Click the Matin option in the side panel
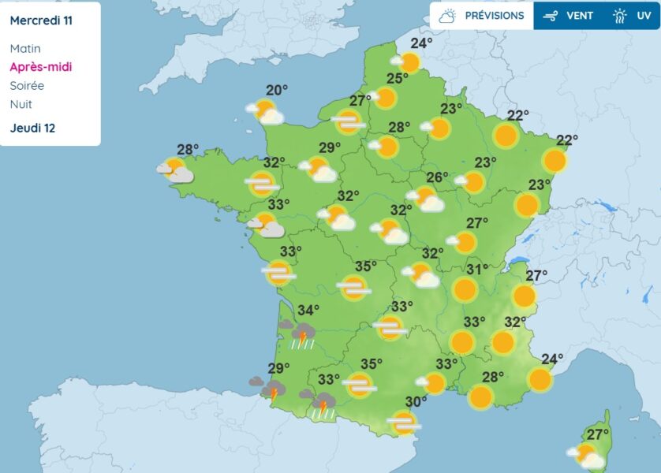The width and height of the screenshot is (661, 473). pyautogui.click(x=25, y=49)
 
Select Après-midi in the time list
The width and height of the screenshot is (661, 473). pyautogui.click(x=40, y=67)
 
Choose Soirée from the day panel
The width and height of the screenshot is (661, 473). pyautogui.click(x=27, y=85)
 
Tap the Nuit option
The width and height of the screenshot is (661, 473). pyautogui.click(x=21, y=104)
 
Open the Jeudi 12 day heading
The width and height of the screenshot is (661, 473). pyautogui.click(x=32, y=128)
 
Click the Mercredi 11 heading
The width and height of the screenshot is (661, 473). pyautogui.click(x=41, y=20)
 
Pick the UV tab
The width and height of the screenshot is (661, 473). pyautogui.click(x=633, y=16)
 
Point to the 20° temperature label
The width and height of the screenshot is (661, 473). pyautogui.click(x=276, y=90)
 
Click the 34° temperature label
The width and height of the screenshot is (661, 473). pyautogui.click(x=308, y=310)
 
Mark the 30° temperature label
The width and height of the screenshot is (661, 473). pyautogui.click(x=416, y=401)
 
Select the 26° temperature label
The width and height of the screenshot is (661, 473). pyautogui.click(x=437, y=177)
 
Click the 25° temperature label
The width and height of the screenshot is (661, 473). pyautogui.click(x=397, y=78)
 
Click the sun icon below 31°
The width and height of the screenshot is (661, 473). pyautogui.click(x=465, y=290)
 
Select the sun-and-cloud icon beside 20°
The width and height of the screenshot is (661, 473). pyautogui.click(x=266, y=112)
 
